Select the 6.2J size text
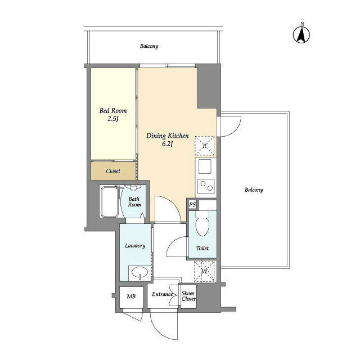(168, 144)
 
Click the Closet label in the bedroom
(113, 170)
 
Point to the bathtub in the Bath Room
(110, 202)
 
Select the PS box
(192, 205)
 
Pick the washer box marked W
(204, 271)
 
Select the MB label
(130, 296)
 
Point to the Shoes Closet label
(188, 296)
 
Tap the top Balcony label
(149, 46)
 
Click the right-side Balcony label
(254, 190)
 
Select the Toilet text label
(202, 248)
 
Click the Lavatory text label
(135, 245)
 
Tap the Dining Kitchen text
(168, 136)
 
